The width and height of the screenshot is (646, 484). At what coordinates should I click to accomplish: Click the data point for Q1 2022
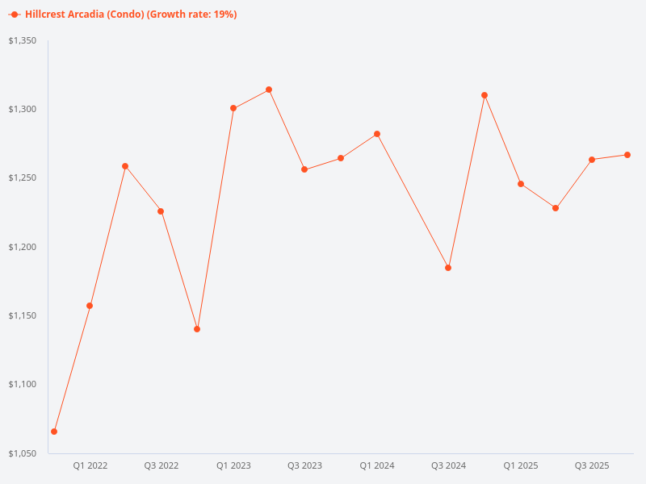click(x=90, y=306)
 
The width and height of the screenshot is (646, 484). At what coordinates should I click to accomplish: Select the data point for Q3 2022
click(x=161, y=211)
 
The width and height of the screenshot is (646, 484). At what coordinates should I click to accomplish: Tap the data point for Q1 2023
click(x=233, y=108)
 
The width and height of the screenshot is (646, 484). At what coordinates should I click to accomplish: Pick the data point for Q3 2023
click(x=304, y=169)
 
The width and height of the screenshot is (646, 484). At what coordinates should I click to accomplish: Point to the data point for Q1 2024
click(x=377, y=134)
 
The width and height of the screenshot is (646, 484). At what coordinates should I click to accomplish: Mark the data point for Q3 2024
click(x=448, y=268)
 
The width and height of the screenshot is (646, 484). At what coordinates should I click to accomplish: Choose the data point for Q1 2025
click(x=521, y=184)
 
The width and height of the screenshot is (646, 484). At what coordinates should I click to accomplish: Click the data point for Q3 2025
click(x=592, y=160)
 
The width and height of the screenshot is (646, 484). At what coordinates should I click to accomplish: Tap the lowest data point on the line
click(x=54, y=432)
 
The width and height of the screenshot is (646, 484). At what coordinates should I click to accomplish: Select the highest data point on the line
click(x=269, y=90)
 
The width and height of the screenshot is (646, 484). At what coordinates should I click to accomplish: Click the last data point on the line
click(x=627, y=155)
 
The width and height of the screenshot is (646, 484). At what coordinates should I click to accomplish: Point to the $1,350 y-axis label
click(x=23, y=40)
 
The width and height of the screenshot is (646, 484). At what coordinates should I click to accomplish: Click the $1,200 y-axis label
click(x=23, y=247)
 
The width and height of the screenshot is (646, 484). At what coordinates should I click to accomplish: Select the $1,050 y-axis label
click(x=23, y=453)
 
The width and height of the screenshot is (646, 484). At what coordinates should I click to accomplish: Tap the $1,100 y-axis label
click(x=23, y=385)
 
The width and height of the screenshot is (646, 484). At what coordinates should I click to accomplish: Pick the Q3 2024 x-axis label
click(x=448, y=465)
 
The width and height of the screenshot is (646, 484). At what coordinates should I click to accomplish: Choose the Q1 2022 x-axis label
click(x=90, y=465)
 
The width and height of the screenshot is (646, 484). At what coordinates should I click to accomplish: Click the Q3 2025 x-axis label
click(x=592, y=465)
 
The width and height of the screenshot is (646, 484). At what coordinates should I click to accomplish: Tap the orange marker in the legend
click(x=15, y=15)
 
